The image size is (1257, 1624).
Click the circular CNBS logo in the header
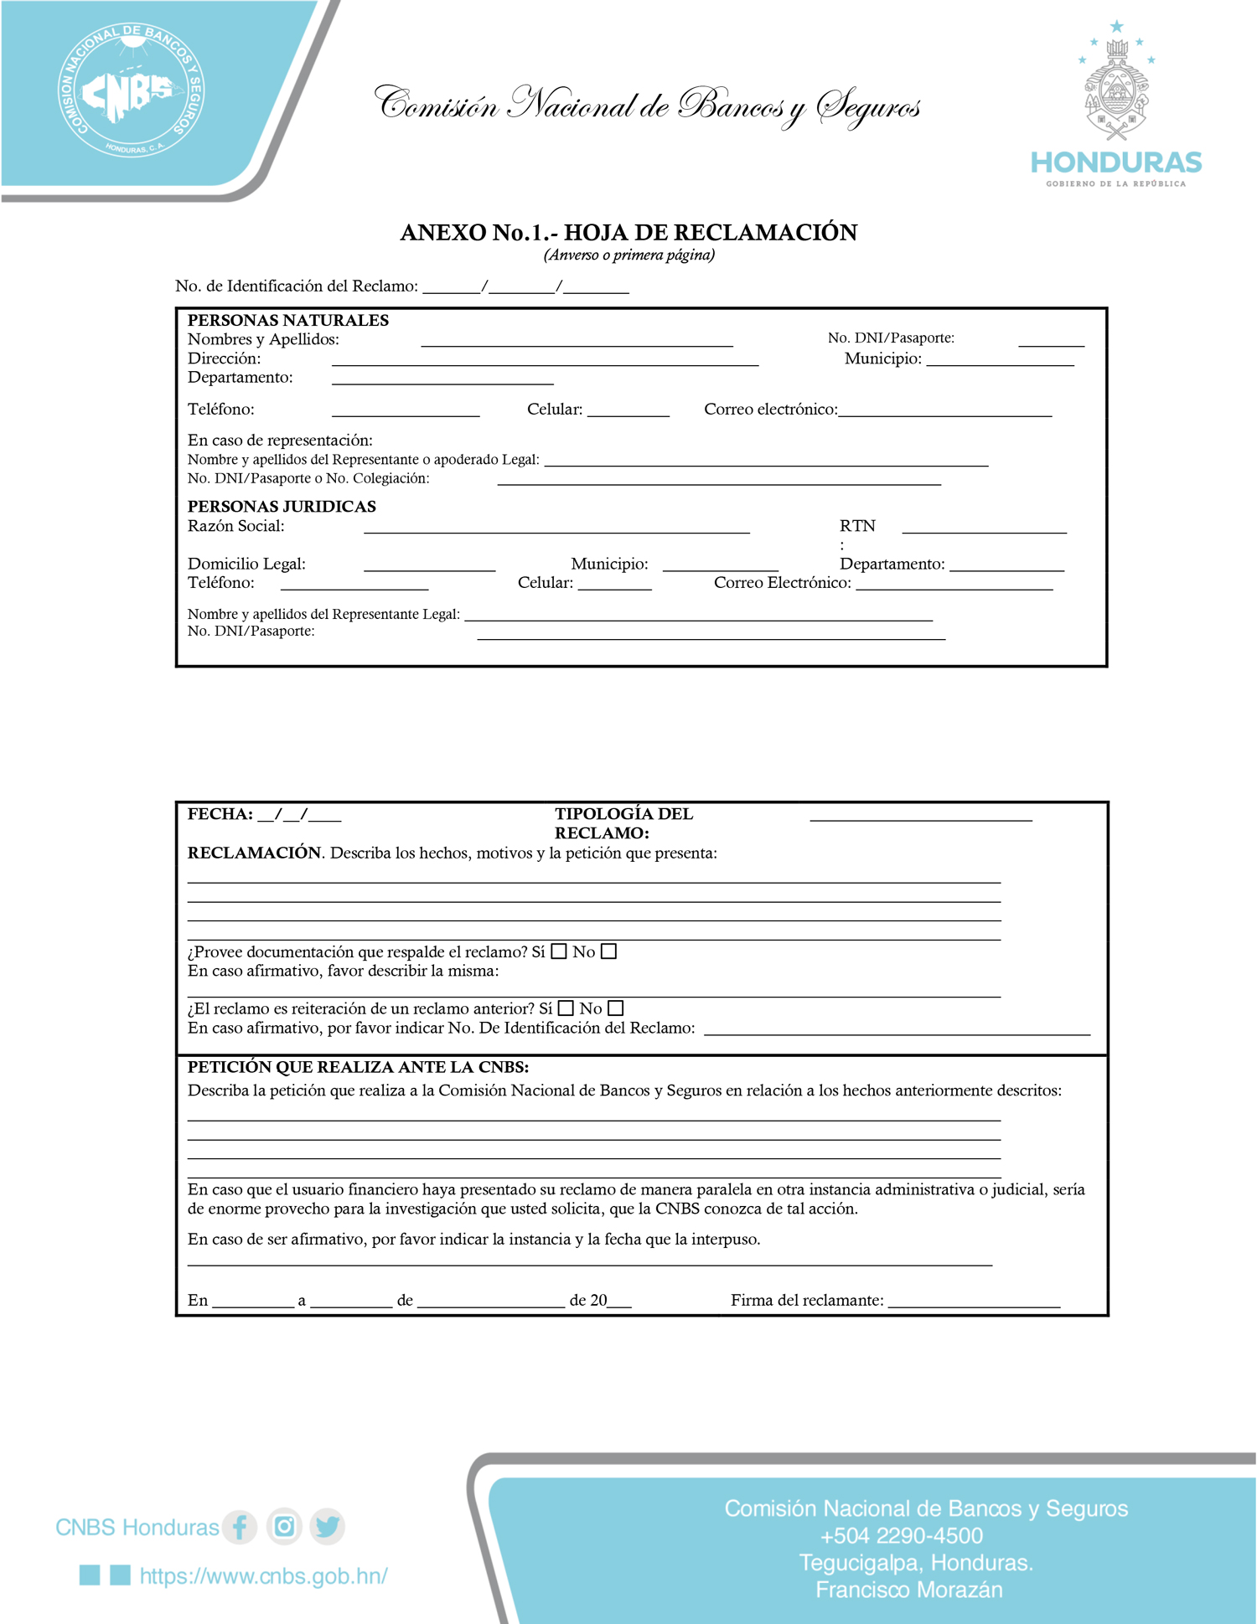[x=132, y=90]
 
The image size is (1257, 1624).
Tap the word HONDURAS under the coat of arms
[x=1116, y=162]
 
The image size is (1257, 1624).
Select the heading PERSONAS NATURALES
[x=287, y=320]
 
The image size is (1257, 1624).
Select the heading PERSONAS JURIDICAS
[x=282, y=506]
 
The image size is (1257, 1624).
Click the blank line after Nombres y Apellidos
[x=577, y=342]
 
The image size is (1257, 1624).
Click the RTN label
[x=857, y=526]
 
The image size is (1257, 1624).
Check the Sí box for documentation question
[x=559, y=951]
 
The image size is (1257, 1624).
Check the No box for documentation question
[x=609, y=951]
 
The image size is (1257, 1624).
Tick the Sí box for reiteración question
[x=566, y=1008]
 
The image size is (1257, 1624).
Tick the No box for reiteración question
[x=616, y=1008]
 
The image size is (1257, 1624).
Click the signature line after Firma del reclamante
[x=974, y=1302]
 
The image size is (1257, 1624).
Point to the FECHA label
[x=220, y=814]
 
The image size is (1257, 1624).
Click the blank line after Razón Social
[x=556, y=528]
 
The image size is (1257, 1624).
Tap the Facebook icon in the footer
[x=240, y=1526]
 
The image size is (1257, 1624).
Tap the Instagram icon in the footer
[x=284, y=1526]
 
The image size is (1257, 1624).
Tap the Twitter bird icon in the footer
[x=328, y=1526]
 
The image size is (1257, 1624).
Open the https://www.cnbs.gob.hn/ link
[x=263, y=1575]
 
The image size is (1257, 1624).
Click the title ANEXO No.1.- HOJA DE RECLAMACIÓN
[x=628, y=232]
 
